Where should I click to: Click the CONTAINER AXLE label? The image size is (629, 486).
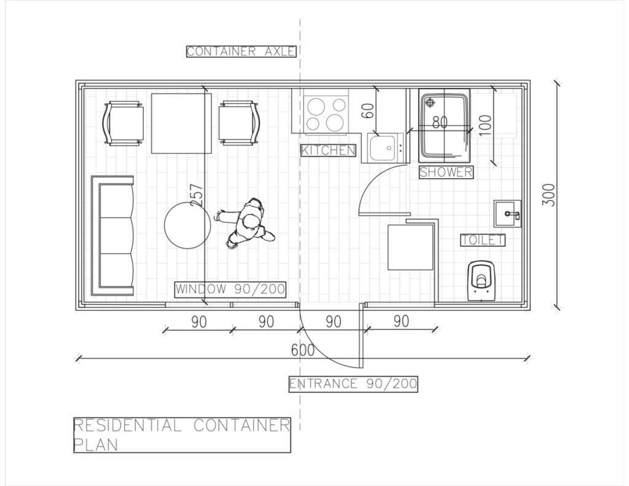point(241,52)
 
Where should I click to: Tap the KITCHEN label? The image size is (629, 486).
point(328,150)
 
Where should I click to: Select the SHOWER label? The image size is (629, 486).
point(446,172)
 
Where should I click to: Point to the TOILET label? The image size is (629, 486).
point(482,240)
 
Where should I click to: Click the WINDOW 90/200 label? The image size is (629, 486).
point(230,289)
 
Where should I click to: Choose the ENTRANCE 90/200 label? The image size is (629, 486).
point(353,383)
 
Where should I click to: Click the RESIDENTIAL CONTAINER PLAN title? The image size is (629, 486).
point(182,434)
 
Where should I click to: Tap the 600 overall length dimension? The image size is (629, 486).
point(303,350)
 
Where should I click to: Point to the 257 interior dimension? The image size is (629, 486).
point(196,195)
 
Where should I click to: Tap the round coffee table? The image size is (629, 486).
point(187,225)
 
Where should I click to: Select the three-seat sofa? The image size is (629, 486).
point(112,235)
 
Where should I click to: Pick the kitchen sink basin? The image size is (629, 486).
point(382,147)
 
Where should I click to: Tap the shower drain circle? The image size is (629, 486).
point(430,103)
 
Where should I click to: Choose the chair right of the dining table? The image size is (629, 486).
point(239,123)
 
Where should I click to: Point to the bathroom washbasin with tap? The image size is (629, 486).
point(507,214)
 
